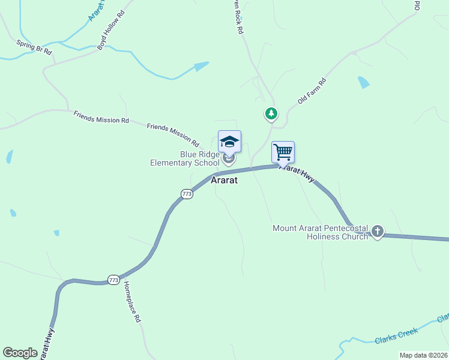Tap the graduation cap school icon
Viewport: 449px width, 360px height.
(229, 142)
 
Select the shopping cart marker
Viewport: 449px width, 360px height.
(283, 152)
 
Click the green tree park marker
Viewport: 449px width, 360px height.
(271, 113)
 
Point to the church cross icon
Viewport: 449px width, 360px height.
(378, 232)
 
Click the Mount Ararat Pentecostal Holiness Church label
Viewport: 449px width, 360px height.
(321, 232)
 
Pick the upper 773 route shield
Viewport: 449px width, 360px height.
(187, 194)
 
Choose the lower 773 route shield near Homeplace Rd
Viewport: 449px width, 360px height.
(113, 280)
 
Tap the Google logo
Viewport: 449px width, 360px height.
(20, 353)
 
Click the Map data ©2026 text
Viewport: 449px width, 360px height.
(423, 355)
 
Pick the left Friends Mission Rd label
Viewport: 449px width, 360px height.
(101, 116)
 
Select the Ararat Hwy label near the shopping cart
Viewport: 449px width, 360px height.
(298, 174)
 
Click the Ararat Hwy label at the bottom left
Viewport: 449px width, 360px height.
(47, 344)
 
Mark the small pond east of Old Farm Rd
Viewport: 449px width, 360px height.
(363, 82)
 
